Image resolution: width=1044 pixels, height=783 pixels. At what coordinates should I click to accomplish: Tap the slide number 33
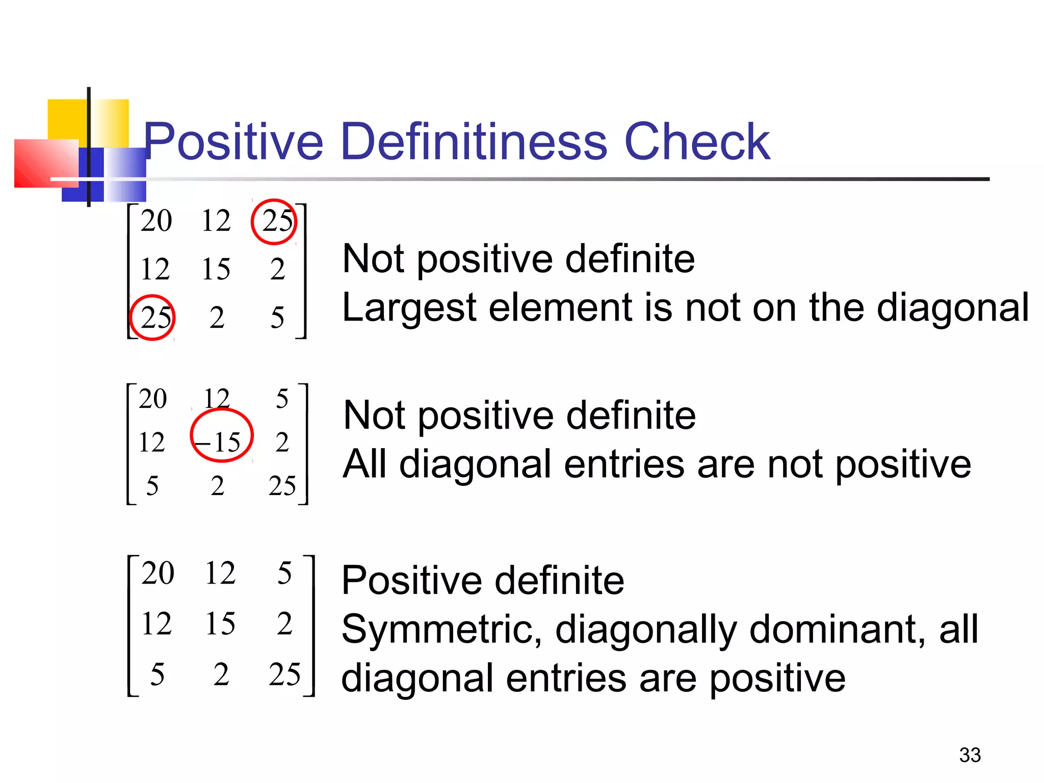pos(970,755)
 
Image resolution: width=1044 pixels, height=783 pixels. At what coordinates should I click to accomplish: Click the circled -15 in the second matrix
pos(222,441)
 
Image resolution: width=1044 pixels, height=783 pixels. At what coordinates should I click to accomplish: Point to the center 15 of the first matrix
pos(216,269)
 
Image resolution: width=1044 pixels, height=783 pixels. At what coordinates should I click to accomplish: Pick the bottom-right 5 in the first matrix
pos(277,318)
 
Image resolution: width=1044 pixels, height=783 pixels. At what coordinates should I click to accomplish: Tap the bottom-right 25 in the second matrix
pos(282,485)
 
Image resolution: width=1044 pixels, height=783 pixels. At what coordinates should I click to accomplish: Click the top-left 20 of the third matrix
pos(158,573)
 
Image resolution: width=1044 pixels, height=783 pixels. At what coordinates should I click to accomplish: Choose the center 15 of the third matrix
pos(220,623)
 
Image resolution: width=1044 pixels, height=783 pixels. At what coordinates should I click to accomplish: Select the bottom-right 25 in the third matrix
pos(284,674)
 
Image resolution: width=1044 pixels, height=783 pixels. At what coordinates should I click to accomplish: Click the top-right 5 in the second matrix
pos(282,399)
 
